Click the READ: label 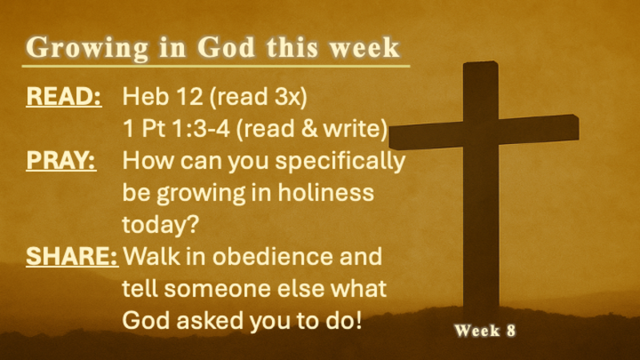point(63,97)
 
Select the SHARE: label point(72,258)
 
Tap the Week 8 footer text point(485,330)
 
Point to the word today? point(160,225)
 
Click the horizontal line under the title point(216,66)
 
